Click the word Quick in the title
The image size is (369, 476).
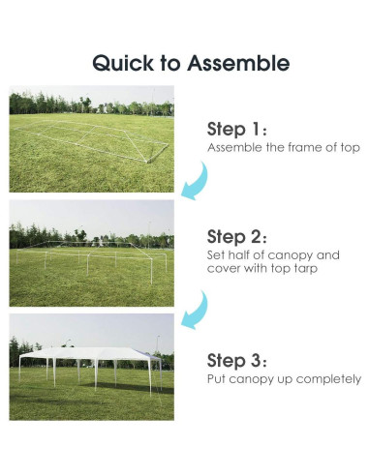pos(123,63)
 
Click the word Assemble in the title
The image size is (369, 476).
pos(238,63)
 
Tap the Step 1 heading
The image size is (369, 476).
pos(236,130)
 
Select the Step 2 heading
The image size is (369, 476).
pos(236,237)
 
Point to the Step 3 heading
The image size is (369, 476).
pos(236,360)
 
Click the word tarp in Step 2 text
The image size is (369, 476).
pos(306,269)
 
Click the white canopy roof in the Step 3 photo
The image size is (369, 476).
pos(89,353)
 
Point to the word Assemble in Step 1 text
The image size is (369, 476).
pos(234,147)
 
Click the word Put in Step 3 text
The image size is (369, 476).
pos(216,378)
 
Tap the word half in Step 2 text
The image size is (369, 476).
pos(238,255)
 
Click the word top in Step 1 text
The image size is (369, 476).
pos(351,148)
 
